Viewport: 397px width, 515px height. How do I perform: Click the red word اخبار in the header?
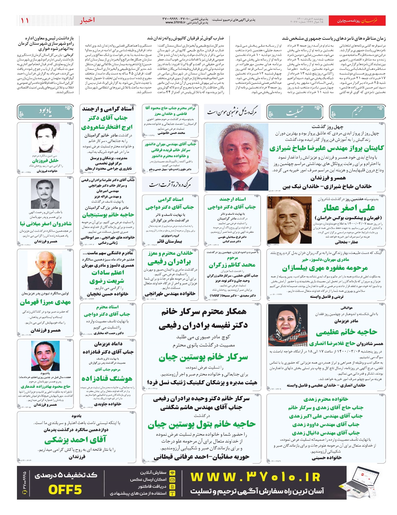(x=87, y=20)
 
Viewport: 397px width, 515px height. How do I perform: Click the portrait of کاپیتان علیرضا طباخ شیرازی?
(x=236, y=157)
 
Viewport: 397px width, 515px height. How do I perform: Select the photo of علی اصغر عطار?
(x=289, y=220)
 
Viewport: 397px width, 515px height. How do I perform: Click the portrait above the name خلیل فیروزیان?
(x=46, y=138)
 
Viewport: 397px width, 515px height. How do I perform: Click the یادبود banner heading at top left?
(x=45, y=112)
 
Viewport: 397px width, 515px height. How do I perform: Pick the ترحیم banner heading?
(x=357, y=112)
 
